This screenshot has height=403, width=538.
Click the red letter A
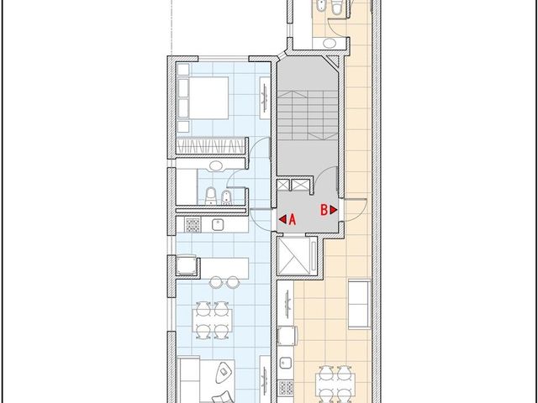[x=292, y=220]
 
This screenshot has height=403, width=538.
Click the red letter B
[x=324, y=210]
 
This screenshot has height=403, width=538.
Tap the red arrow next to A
[x=282, y=219]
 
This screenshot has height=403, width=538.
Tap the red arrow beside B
[x=334, y=210]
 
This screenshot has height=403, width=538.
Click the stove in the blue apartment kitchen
[x=193, y=225]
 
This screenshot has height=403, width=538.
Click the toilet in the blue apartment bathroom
[x=211, y=196]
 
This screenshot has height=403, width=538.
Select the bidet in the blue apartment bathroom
[x=226, y=197]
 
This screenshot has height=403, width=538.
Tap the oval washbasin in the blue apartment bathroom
[x=216, y=166]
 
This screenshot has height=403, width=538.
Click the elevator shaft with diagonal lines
[x=295, y=256]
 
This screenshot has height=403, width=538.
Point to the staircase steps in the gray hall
[x=308, y=116]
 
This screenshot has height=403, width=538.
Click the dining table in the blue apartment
[x=212, y=320]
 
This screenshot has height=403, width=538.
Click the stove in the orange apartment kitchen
[x=286, y=387]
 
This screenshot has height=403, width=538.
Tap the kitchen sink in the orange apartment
[x=285, y=363]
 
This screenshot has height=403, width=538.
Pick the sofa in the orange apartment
[x=360, y=304]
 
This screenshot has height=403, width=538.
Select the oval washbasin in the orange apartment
[x=330, y=43]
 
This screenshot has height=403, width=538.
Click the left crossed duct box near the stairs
[x=283, y=185]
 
